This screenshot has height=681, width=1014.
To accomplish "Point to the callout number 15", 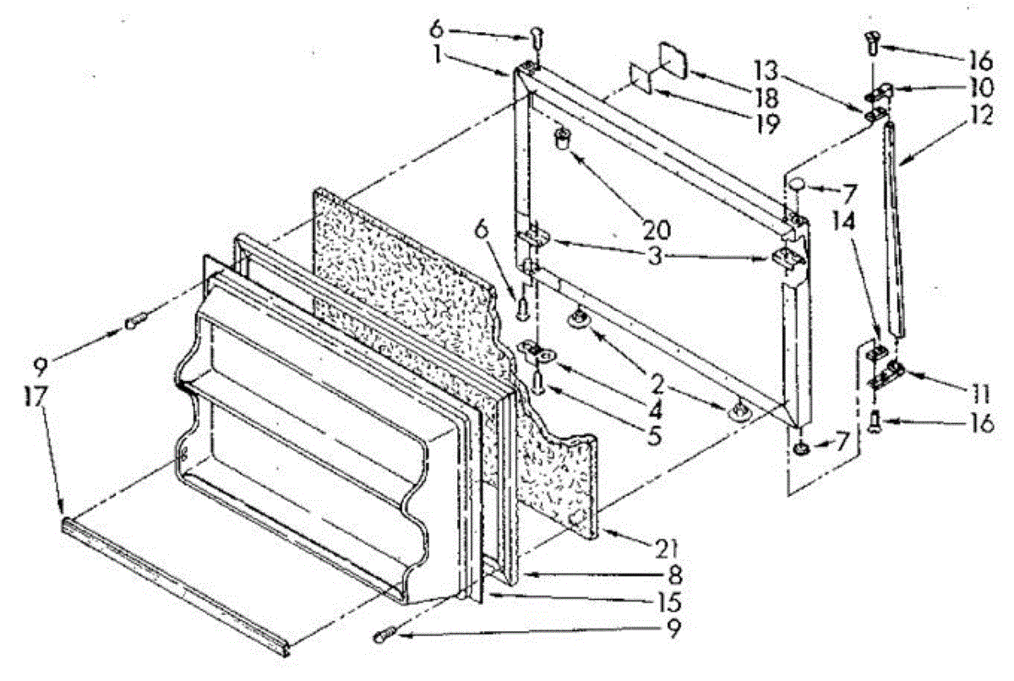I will [673, 604].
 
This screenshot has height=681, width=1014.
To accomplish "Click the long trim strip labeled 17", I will [177, 583].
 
